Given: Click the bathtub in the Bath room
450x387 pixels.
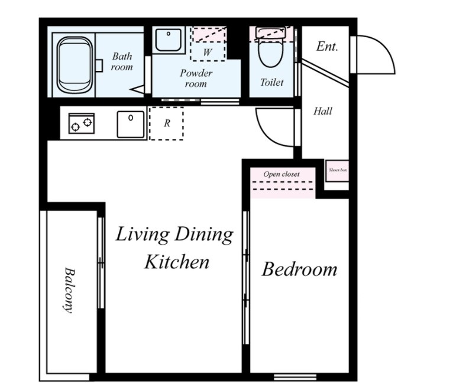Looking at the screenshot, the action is pyautogui.click(x=75, y=65).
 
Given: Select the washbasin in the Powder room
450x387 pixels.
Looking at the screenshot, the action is pyautogui.click(x=168, y=40).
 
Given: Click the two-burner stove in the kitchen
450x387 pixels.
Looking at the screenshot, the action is pyautogui.click(x=82, y=123).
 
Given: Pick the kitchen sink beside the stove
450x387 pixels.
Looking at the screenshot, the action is pyautogui.click(x=131, y=125).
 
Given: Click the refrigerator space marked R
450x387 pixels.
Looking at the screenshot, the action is pyautogui.click(x=166, y=123).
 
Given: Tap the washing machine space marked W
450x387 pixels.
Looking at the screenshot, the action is pyautogui.click(x=208, y=44).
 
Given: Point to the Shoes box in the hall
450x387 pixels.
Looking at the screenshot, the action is pyautogui.click(x=337, y=171).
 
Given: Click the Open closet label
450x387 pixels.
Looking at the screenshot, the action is pyautogui.click(x=281, y=174).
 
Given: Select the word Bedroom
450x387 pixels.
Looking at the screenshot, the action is pyautogui.click(x=299, y=269).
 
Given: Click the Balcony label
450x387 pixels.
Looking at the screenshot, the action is pyautogui.click(x=69, y=290).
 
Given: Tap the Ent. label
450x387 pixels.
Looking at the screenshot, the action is pyautogui.click(x=327, y=47).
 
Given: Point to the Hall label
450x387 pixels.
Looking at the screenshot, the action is pyautogui.click(x=323, y=111).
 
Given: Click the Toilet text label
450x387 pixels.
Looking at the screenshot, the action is pyautogui.click(x=271, y=82).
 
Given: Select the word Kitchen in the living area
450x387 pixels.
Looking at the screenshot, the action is pyautogui.click(x=176, y=262).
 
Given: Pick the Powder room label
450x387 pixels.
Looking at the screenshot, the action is pyautogui.click(x=196, y=78).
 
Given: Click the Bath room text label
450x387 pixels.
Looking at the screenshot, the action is pyautogui.click(x=122, y=61).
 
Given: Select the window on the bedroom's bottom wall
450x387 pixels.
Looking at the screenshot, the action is pyautogui.click(x=295, y=377).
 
